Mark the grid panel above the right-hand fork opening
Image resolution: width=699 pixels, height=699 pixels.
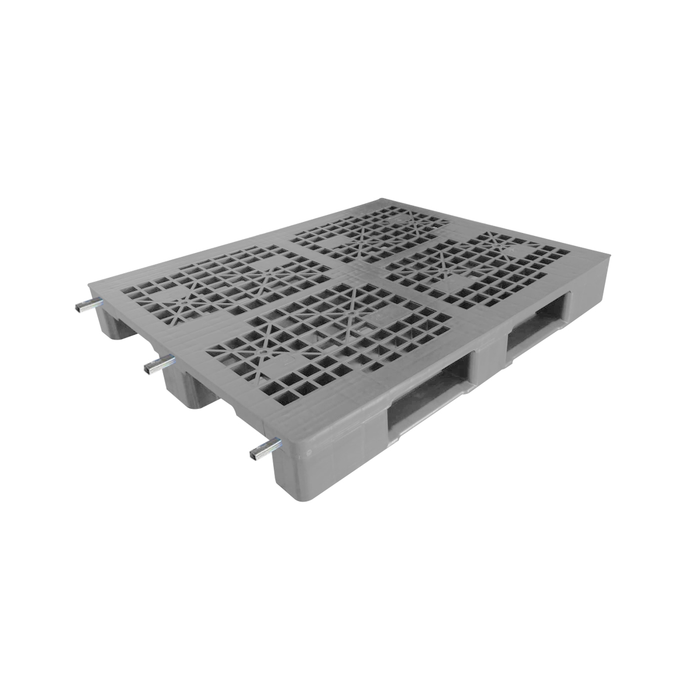478,268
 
